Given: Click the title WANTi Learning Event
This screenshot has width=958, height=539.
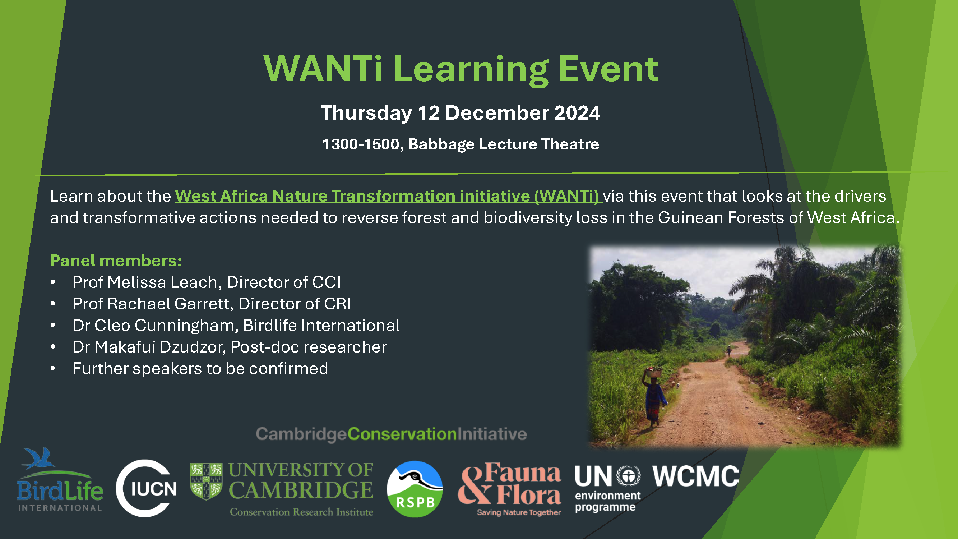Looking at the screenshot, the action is (x=461, y=69).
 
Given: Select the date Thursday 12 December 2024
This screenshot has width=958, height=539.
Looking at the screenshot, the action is (x=461, y=113).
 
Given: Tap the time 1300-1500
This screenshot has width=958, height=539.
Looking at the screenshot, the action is (x=361, y=144).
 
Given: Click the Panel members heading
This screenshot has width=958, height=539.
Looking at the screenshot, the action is (x=116, y=261).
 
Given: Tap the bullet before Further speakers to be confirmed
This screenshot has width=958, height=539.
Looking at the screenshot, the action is (x=53, y=369).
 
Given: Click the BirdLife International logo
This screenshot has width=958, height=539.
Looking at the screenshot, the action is (x=60, y=480).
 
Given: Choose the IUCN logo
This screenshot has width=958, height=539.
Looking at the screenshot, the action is (x=147, y=488).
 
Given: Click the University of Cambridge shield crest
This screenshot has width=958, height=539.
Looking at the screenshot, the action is (x=206, y=481).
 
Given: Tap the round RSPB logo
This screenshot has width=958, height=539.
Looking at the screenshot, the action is (x=415, y=489).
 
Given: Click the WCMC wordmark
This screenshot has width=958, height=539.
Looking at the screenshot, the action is (x=695, y=476).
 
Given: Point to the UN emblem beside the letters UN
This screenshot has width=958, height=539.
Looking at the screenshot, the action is (x=629, y=476).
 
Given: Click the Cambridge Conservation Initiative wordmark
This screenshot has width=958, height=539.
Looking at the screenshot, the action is (x=391, y=434).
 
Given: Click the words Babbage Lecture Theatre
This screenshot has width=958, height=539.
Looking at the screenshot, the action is (x=504, y=144).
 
